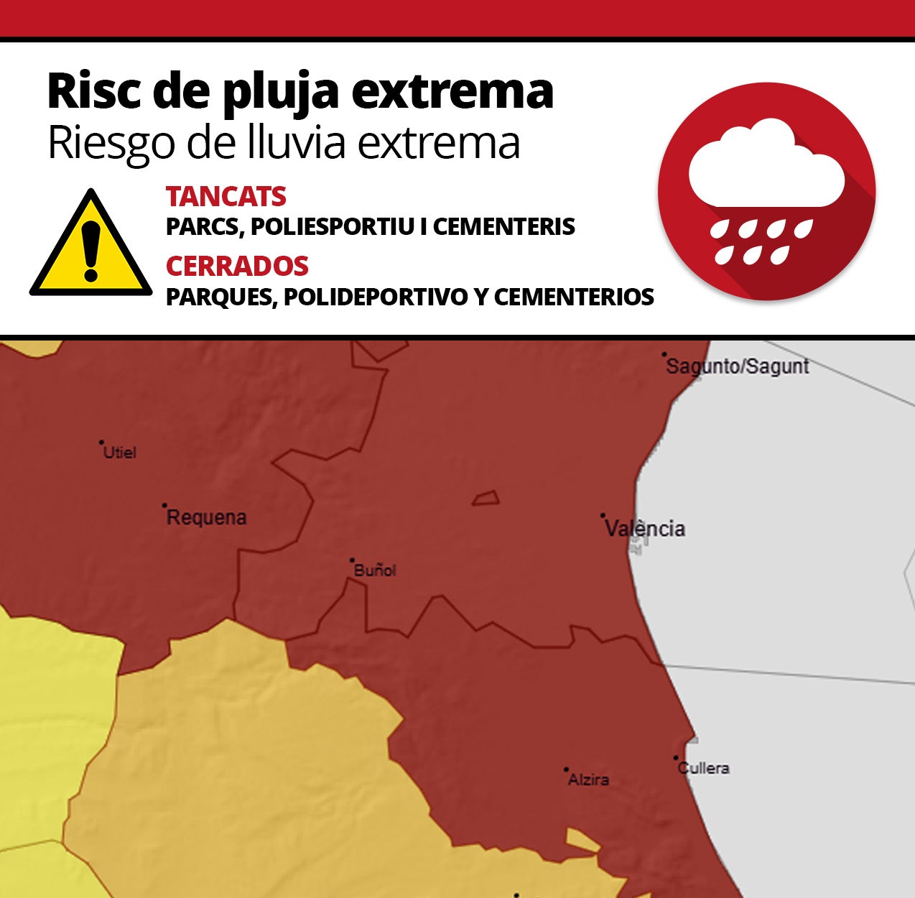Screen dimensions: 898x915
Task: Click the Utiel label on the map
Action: coord(120,453)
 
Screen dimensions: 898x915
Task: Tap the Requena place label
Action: coord(207,517)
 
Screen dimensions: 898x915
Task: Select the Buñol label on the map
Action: coord(375,570)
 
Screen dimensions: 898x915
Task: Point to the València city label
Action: coord(645,529)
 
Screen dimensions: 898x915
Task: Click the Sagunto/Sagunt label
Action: coord(738,366)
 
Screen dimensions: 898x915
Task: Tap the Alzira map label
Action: coord(589,779)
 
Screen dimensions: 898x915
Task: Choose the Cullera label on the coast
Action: coord(705,768)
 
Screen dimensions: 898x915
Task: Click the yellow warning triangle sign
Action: coord(91,246)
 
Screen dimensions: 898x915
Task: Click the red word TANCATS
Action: coord(226,197)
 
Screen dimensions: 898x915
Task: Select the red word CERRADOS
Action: coord(237,267)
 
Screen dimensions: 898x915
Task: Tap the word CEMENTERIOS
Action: coord(574,297)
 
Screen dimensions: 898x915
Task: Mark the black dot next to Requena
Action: coord(164,506)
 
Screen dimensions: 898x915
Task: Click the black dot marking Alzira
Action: coord(566,769)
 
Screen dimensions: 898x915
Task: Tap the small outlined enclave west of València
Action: coord(486,498)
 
